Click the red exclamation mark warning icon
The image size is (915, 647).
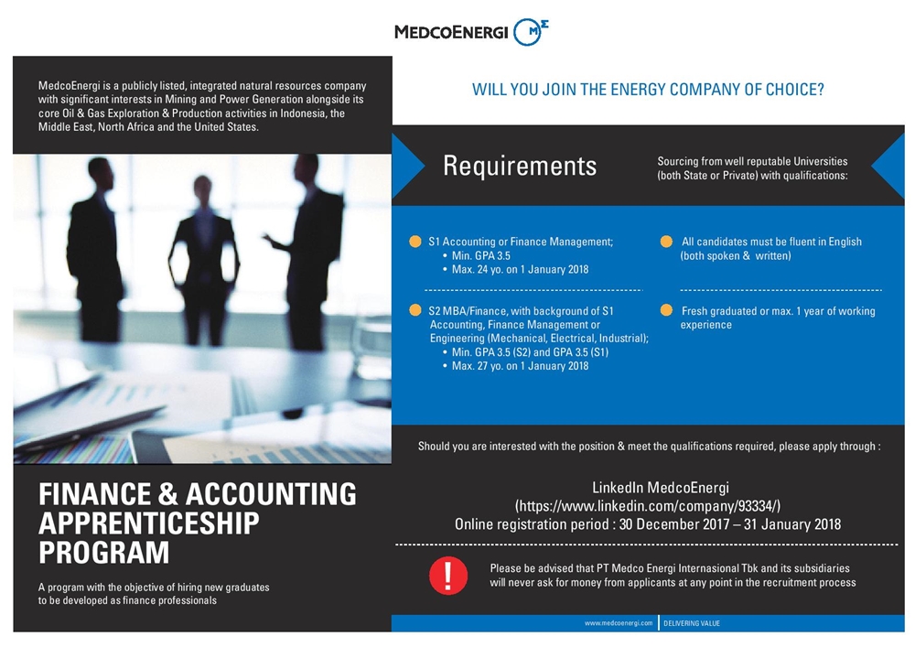tap(447, 574)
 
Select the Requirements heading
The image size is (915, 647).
tap(519, 166)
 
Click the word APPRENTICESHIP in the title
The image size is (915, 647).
tap(149, 523)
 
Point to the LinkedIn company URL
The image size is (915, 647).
tap(647, 505)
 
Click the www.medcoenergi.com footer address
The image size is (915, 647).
tap(619, 623)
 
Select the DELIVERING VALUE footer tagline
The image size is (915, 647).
tap(692, 623)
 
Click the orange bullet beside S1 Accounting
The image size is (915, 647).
tap(416, 242)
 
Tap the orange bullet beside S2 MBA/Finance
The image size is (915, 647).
tap(416, 310)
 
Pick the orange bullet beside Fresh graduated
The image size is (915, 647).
tap(667, 310)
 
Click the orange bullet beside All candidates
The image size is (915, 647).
tap(667, 242)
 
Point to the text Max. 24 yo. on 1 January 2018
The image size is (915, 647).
tap(521, 270)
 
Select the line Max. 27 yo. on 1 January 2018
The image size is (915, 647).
tap(521, 366)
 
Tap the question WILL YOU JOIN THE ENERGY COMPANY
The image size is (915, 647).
tap(648, 90)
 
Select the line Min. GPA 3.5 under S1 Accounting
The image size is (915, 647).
tap(481, 256)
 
